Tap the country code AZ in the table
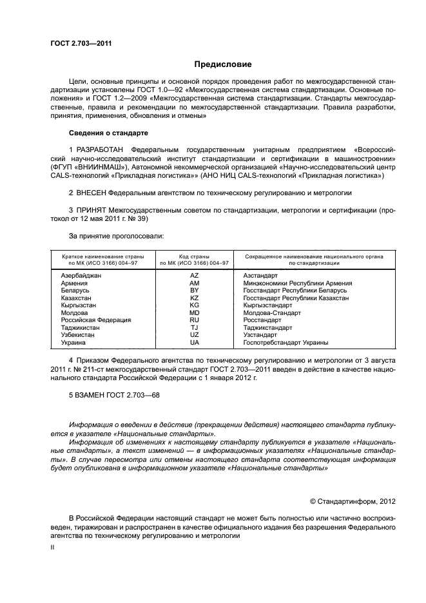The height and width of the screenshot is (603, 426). [x=194, y=275]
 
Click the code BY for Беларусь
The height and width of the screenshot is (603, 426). [x=194, y=291]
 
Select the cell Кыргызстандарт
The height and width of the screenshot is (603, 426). [x=267, y=305]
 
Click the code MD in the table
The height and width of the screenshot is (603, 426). [x=194, y=313]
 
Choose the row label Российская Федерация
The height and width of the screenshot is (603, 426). [x=95, y=320]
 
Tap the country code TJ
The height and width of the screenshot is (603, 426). [x=194, y=328]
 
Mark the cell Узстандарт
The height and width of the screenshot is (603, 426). [x=260, y=335]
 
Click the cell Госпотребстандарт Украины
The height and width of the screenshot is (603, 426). [x=286, y=343]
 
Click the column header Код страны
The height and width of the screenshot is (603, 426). [x=194, y=256]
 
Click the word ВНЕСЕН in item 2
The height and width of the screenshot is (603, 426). [x=92, y=192]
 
